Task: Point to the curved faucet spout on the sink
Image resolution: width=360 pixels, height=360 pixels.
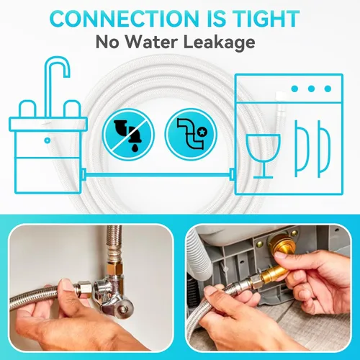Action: (57, 70)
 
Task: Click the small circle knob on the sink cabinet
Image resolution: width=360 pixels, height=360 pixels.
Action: (48, 140)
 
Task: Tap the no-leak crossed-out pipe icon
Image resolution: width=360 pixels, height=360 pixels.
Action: (128, 135)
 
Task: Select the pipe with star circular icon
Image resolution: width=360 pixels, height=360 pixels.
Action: (191, 135)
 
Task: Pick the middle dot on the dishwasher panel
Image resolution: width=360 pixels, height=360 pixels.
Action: (311, 89)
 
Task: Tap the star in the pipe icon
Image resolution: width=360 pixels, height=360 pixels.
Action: (203, 132)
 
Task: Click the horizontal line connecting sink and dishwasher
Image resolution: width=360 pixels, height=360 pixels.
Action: (158, 174)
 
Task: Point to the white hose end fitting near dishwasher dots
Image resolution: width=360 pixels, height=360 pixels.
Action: (279, 95)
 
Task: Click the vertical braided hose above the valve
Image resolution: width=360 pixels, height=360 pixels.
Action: (114, 240)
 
